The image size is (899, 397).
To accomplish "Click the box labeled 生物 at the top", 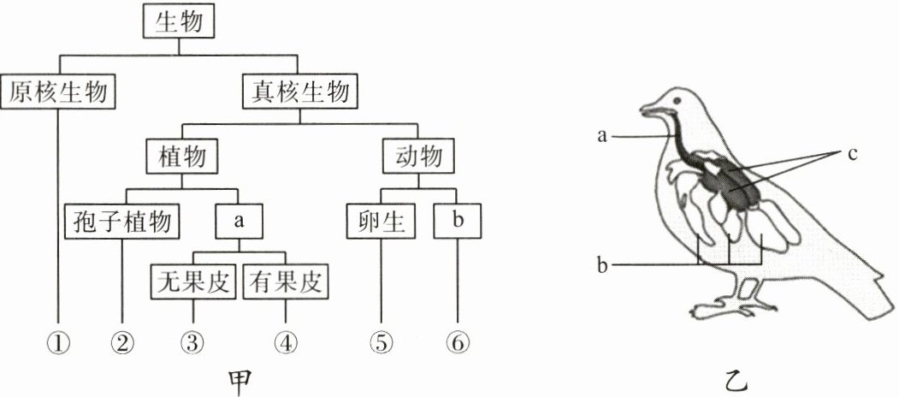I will pos(178,23).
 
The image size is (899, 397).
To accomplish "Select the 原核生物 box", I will pos(59,91).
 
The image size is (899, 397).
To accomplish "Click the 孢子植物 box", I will pos(122,222).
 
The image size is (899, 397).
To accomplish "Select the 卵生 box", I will pos(381,222).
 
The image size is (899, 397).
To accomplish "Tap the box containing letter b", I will pos(458,222).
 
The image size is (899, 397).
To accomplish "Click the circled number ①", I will pos(58,343).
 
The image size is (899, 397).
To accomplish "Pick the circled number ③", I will pos(192,343).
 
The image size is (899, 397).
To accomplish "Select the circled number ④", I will pos(286,343).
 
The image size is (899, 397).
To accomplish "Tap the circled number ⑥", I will pos(458,343).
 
